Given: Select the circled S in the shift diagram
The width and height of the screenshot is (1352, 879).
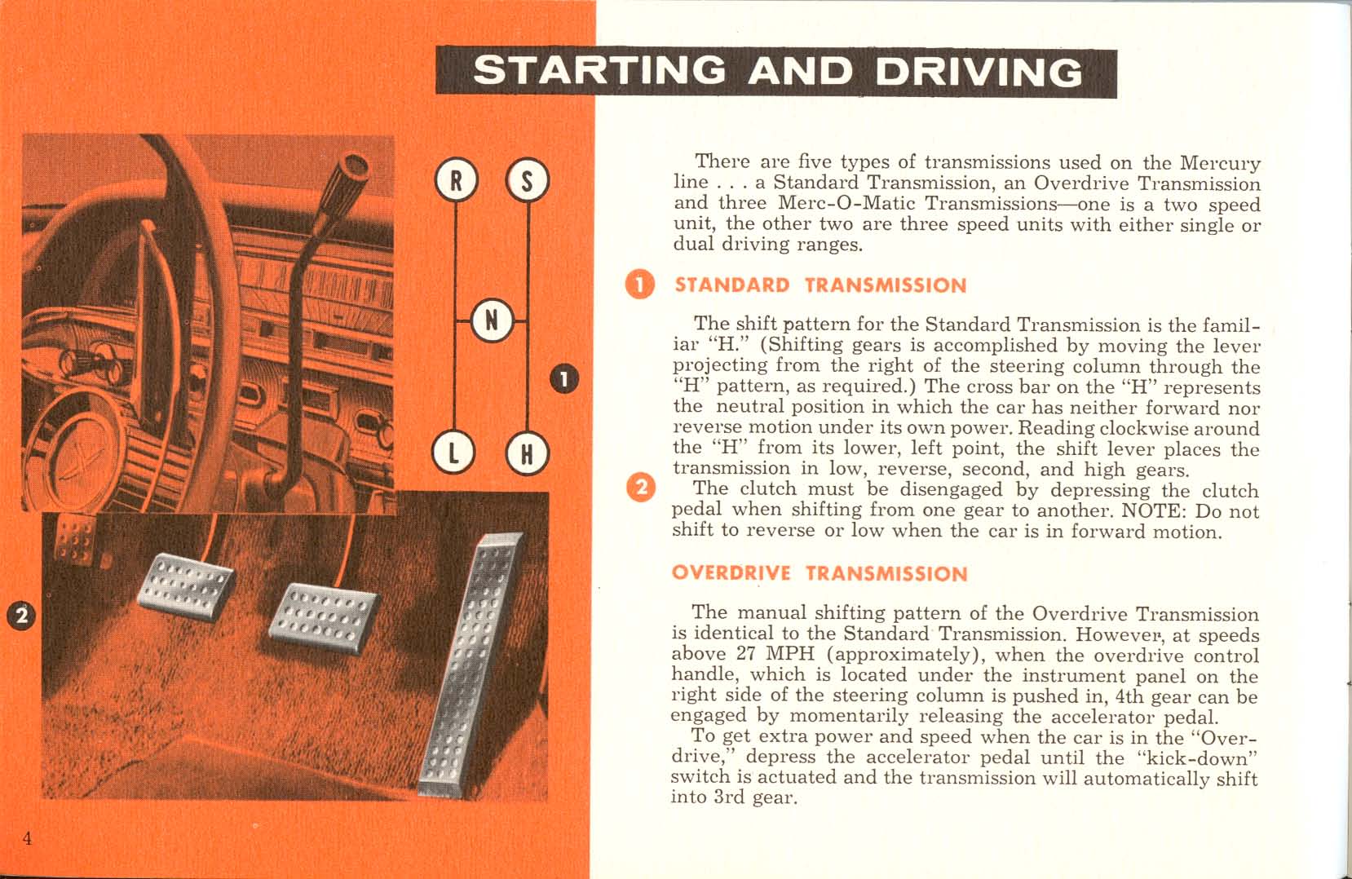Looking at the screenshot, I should click(528, 181).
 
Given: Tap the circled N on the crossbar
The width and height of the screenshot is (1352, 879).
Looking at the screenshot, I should click(492, 320).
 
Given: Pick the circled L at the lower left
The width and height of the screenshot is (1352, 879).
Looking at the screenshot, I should click(455, 453).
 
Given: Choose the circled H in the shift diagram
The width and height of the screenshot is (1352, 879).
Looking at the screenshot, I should click(528, 453).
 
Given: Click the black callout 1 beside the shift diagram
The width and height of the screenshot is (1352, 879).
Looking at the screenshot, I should click(564, 379).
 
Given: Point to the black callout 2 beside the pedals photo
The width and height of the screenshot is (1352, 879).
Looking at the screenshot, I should click(22, 615).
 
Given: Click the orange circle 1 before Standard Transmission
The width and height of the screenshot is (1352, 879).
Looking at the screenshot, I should click(640, 285).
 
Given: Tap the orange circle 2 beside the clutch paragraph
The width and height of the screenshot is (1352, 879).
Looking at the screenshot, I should click(640, 488).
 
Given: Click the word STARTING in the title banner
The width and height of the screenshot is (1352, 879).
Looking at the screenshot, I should click(599, 71).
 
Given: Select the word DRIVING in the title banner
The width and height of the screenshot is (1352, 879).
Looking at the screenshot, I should click(979, 73).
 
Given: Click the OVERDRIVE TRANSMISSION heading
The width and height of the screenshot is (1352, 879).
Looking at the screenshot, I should click(819, 573).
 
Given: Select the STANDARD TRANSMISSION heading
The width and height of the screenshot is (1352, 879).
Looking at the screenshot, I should click(820, 285).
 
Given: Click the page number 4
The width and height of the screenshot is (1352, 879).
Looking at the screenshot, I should click(27, 839).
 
